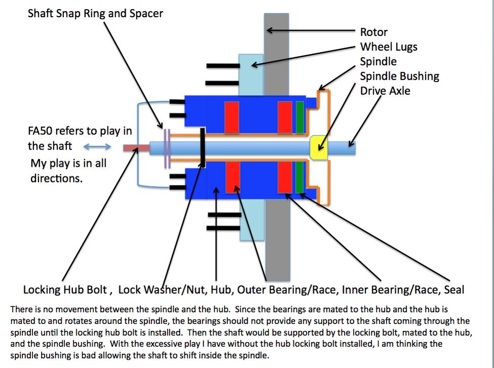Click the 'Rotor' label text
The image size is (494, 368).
373,32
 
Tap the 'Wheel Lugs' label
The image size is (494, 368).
389,47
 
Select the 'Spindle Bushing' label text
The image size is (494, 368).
399,76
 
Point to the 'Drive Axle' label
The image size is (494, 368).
385,91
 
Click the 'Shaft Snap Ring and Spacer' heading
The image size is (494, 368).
95,14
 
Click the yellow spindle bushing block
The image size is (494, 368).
319,148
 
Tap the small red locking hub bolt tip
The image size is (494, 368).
136,148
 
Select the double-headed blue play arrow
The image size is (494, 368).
97,146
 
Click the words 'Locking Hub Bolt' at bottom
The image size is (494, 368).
65,289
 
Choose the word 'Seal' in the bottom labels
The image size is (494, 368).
454,289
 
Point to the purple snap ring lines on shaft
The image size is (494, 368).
167,148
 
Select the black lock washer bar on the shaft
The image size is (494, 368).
203,148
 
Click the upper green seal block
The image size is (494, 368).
299,117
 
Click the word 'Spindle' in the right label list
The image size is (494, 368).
378,62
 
